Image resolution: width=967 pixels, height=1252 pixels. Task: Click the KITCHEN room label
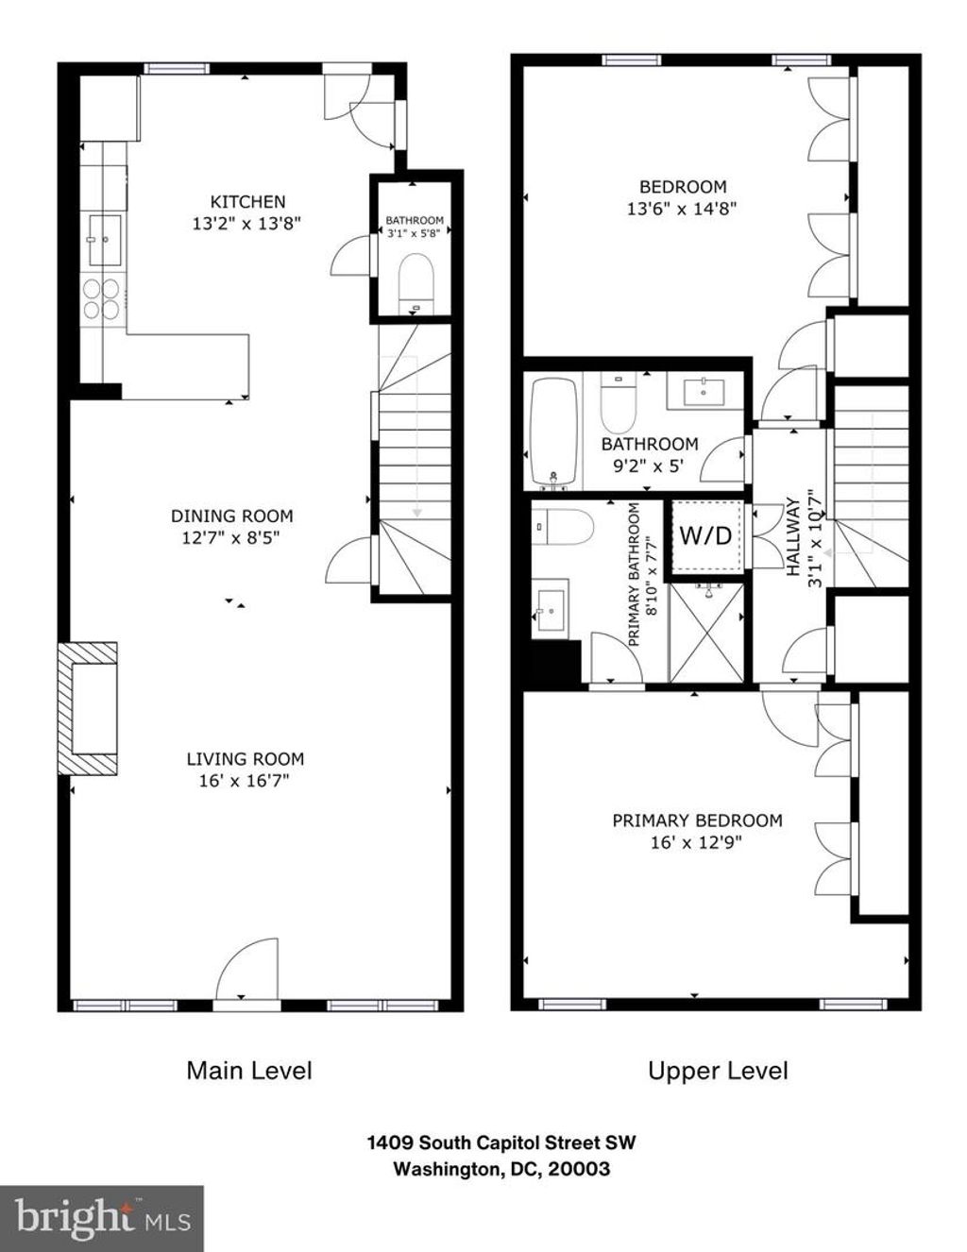click(x=247, y=202)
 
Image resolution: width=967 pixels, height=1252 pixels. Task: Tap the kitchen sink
click(x=104, y=240)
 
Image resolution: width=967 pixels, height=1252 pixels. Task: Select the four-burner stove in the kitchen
click(x=102, y=299)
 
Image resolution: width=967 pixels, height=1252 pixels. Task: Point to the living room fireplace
click(x=88, y=709)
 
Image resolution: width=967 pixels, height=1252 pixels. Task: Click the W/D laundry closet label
click(x=706, y=536)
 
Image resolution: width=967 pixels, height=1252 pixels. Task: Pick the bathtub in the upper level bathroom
click(x=553, y=431)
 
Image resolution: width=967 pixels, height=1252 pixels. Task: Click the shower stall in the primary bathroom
click(x=706, y=632)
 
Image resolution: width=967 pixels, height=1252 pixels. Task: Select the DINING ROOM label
click(x=231, y=516)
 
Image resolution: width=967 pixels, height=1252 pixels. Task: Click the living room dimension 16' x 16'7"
click(x=244, y=781)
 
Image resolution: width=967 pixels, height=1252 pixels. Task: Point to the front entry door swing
click(x=249, y=969)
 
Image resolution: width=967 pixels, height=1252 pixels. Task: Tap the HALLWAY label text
click(x=793, y=537)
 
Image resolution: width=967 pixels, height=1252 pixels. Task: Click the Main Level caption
click(x=249, y=1071)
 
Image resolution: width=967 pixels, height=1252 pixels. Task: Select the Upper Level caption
click(x=718, y=1071)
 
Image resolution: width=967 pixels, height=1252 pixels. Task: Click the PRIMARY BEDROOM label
click(x=697, y=821)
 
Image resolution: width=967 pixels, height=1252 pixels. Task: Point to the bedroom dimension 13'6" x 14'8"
click(x=683, y=208)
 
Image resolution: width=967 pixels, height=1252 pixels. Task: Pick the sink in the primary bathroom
click(x=551, y=610)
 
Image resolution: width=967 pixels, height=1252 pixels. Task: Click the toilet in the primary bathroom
click(x=563, y=527)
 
